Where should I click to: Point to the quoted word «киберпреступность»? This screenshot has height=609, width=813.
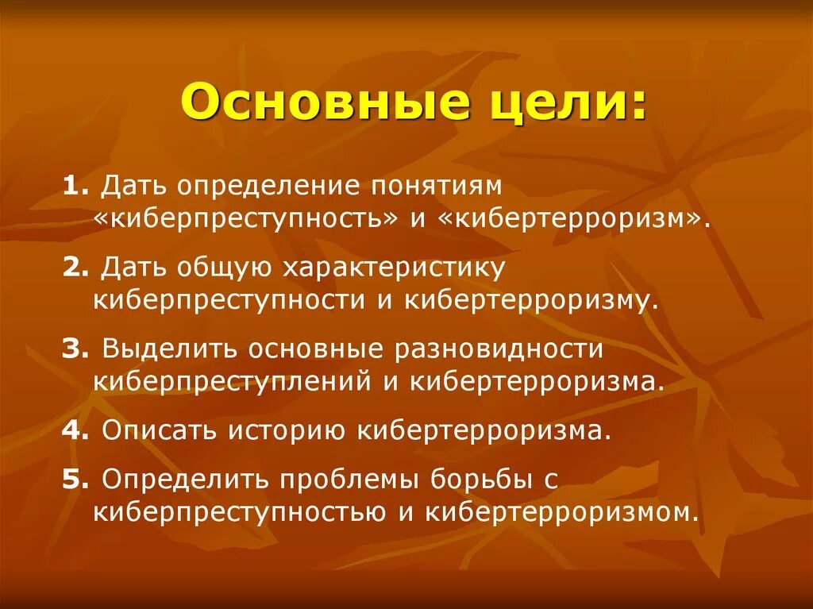(245, 218)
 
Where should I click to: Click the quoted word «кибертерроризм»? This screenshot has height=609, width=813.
(572, 218)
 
